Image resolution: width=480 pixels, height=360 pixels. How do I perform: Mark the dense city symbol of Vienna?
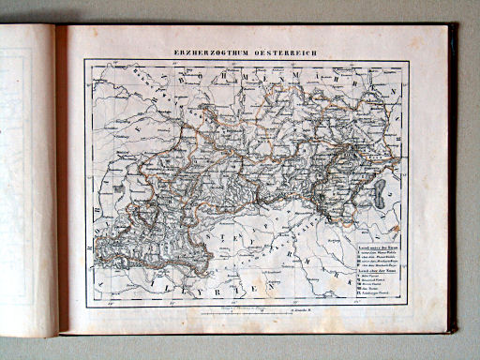point(352,150)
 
